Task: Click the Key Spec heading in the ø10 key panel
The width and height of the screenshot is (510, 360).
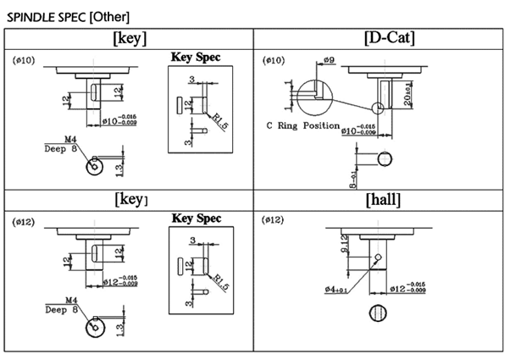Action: pyautogui.click(x=196, y=58)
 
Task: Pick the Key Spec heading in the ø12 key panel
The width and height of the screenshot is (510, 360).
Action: pyautogui.click(x=196, y=218)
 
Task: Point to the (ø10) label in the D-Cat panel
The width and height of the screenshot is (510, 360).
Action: pyautogui.click(x=275, y=62)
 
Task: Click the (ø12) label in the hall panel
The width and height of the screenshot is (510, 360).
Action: pyautogui.click(x=275, y=221)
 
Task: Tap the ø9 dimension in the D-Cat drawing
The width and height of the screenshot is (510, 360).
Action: pyautogui.click(x=330, y=60)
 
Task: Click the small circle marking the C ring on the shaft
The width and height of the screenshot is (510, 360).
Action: pyautogui.click(x=377, y=108)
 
